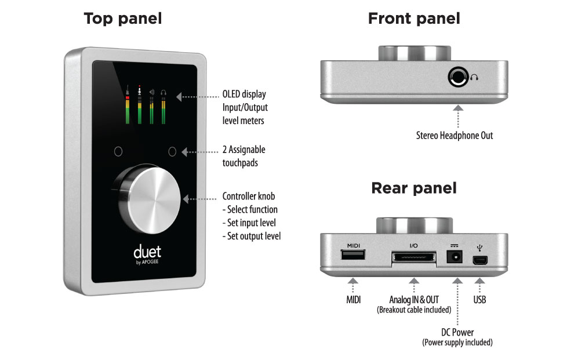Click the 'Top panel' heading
tap(122, 18)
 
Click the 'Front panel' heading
tap(414, 18)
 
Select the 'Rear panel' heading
tap(414, 188)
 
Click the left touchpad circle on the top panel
tap(118, 152)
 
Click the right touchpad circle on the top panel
tap(172, 152)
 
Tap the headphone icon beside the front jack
tap(476, 77)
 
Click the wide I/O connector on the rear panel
tap(413, 257)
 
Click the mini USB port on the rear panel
tap(479, 260)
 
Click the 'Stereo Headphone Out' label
tap(454, 136)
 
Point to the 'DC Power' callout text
tap(457, 332)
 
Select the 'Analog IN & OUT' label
tap(413, 299)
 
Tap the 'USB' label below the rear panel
tap(479, 299)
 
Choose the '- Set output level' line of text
tap(252, 236)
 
